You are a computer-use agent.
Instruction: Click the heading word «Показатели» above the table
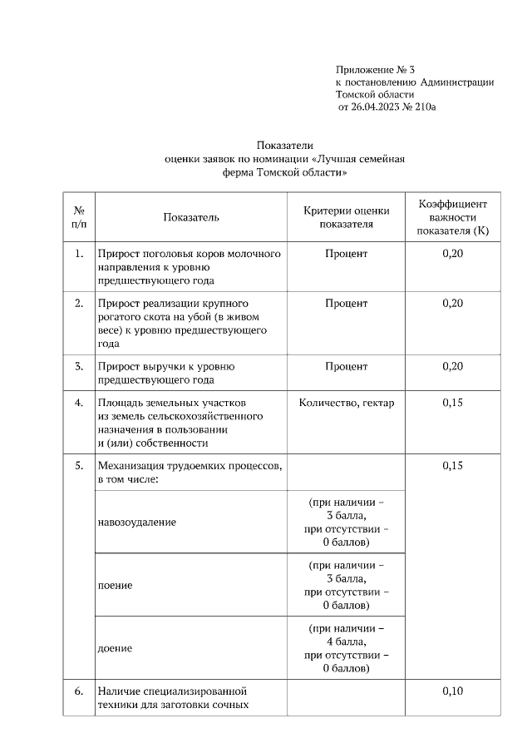(x=284, y=145)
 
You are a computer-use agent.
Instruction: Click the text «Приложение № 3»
(x=375, y=69)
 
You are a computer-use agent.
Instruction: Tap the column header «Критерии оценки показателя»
(x=346, y=217)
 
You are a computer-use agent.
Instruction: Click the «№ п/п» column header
(x=79, y=217)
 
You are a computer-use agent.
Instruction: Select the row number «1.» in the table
(x=79, y=253)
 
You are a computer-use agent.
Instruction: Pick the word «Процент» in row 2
(x=346, y=303)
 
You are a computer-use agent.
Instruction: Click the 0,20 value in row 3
(x=452, y=366)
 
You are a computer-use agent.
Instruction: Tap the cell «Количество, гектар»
(x=346, y=403)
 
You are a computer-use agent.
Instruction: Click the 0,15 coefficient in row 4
(x=452, y=403)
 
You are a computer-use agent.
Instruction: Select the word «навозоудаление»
(x=137, y=523)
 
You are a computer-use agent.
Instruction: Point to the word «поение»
(x=116, y=585)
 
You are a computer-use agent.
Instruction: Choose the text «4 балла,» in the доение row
(x=346, y=642)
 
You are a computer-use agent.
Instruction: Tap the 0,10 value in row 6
(x=452, y=691)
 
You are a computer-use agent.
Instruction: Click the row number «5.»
(x=79, y=466)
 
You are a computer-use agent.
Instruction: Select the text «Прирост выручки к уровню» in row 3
(x=166, y=366)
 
